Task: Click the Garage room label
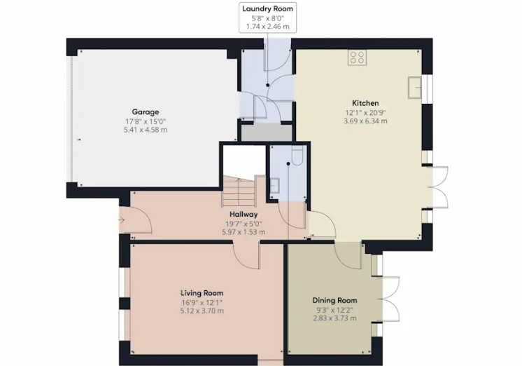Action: pyautogui.click(x=145, y=111)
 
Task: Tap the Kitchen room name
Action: pyautogui.click(x=365, y=103)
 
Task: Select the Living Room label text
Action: pyautogui.click(x=202, y=293)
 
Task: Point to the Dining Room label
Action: pyautogui.click(x=334, y=300)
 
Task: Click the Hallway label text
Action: pyautogui.click(x=244, y=214)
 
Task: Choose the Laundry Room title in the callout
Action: pyautogui.click(x=268, y=8)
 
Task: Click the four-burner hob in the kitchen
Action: pyautogui.click(x=357, y=57)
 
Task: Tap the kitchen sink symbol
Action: pyautogui.click(x=415, y=88)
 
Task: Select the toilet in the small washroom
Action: pyautogui.click(x=297, y=156)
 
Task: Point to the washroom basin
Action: pyautogui.click(x=274, y=186)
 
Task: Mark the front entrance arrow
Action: pyautogui.click(x=121, y=220)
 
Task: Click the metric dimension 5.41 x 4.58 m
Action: pyautogui.click(x=146, y=130)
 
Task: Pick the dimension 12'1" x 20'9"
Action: pyautogui.click(x=365, y=113)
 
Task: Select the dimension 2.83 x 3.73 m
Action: pyautogui.click(x=334, y=318)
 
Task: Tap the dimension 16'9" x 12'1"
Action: pyautogui.click(x=202, y=303)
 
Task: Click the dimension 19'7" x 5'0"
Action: pyautogui.click(x=244, y=224)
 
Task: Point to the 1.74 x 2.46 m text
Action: pyautogui.click(x=268, y=27)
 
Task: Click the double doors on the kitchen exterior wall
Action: pyautogui.click(x=438, y=187)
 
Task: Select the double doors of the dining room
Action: pyautogui.click(x=389, y=299)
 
